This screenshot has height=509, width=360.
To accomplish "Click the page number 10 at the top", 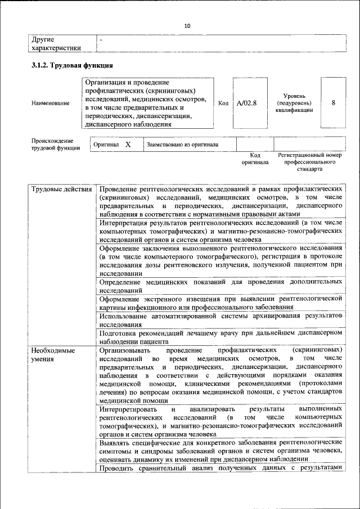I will tap(187, 26).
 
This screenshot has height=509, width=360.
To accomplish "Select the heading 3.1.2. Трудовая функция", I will tap(68, 66).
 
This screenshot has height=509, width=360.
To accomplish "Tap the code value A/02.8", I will tap(246, 103).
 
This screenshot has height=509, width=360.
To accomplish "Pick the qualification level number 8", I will tap(334, 103).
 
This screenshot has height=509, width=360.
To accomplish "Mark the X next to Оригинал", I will tap(128, 145).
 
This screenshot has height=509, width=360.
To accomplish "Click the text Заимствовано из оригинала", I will tap(182, 145).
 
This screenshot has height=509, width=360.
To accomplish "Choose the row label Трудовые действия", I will tap(61, 190).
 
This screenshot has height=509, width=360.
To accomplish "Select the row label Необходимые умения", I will tap(53, 354).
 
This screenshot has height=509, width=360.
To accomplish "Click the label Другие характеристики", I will tap(56, 44).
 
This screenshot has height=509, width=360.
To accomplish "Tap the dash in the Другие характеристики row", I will tap(101, 40).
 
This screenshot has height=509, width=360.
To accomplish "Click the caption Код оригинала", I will tap(255, 158).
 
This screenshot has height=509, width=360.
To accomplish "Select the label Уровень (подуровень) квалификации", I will tap(294, 103).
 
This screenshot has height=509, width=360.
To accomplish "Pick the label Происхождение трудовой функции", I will tap(52, 144).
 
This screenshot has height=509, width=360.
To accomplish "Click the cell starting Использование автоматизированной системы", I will tap(220, 320).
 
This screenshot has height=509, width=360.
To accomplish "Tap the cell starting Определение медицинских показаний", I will tap(220, 286).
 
